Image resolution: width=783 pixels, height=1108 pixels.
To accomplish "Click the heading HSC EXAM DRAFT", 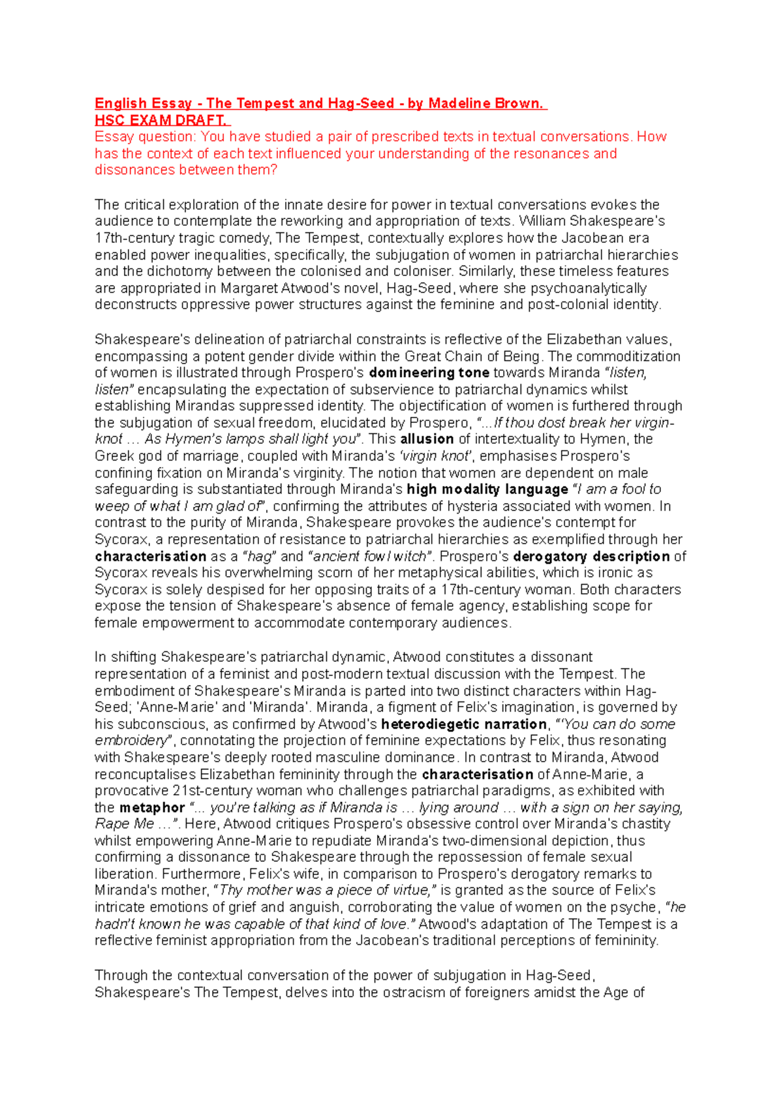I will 162,120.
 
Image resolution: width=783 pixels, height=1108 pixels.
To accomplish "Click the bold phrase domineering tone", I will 429,373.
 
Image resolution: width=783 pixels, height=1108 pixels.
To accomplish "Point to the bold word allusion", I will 427,439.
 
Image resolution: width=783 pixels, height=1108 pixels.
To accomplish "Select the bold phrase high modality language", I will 487,489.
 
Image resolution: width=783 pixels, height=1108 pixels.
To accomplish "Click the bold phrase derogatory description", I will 591,557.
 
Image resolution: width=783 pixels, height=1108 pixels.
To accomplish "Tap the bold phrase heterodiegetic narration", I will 464,724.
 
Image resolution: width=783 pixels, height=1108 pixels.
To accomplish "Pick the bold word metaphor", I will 152,808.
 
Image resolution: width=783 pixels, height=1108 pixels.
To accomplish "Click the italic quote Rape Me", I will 125,824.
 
